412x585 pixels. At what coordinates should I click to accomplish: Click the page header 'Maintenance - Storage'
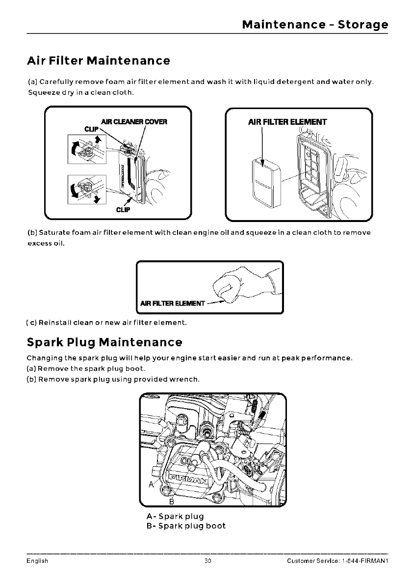point(315,25)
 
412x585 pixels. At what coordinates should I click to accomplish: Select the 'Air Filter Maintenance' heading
point(98,61)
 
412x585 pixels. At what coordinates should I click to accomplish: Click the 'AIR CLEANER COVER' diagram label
point(134,122)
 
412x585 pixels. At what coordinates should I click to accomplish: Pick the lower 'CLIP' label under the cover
point(123,210)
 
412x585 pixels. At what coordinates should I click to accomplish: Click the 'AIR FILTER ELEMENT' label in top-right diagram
point(287,122)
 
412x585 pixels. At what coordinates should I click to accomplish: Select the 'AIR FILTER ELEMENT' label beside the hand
point(172,303)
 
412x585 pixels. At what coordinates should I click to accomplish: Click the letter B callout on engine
point(172,501)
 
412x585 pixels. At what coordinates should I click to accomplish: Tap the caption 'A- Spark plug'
point(175,516)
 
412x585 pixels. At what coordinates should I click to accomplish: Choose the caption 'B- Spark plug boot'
point(186,526)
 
